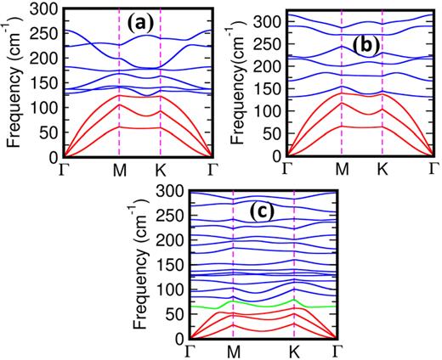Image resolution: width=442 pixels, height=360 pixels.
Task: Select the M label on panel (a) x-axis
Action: click(119, 168)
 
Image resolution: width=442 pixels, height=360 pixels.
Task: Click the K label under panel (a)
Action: click(161, 168)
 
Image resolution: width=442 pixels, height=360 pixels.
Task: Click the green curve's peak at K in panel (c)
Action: click(294, 299)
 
